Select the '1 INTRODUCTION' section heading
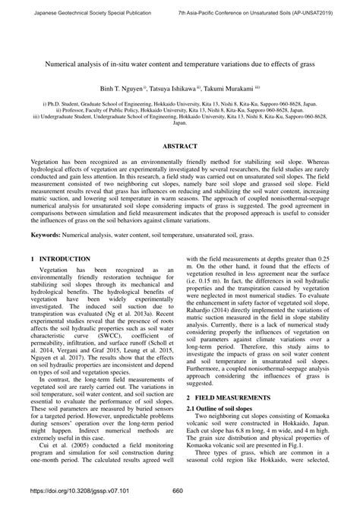(x=53, y=238)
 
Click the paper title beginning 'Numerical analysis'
(x=180, y=66)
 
